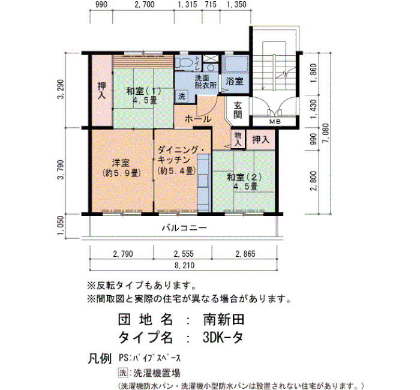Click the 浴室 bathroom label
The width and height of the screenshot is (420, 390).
point(235,81)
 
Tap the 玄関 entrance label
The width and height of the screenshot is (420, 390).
point(238,110)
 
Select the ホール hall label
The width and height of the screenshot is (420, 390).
point(198,119)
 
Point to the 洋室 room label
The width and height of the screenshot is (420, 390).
point(121,163)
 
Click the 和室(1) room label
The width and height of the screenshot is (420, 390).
point(143,91)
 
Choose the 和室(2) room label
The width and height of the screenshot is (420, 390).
point(244,177)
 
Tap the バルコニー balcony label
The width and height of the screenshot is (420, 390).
point(184,228)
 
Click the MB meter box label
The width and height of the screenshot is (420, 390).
point(275,122)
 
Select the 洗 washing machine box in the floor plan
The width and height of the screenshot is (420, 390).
point(182,96)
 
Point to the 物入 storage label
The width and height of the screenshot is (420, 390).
point(238,139)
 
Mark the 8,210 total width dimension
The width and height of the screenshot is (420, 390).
point(184,265)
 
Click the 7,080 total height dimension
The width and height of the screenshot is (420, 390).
point(325,133)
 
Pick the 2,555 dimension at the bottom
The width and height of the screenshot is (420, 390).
point(184,254)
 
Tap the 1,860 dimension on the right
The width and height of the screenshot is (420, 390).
point(313,73)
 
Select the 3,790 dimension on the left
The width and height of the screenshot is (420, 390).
point(61,170)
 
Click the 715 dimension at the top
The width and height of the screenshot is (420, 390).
point(210,5)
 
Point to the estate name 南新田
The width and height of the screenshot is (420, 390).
point(224,320)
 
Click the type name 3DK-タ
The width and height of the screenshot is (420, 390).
point(223,337)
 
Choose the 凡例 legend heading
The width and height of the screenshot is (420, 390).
point(100,358)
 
